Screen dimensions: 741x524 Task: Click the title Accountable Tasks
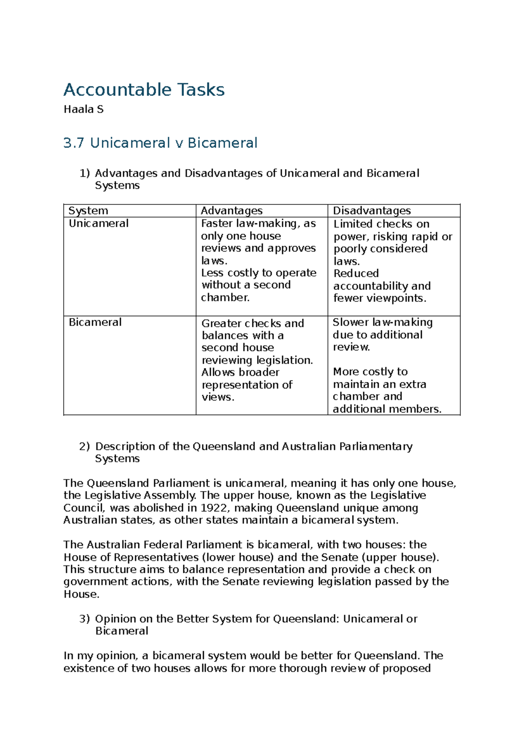[144, 90]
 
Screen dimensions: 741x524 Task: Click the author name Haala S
[83, 110]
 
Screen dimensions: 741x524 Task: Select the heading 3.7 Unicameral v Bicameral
[160, 143]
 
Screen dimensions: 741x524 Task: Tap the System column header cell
[88, 211]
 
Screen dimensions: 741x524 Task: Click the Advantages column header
[231, 211]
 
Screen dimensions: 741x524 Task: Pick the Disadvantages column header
[372, 211]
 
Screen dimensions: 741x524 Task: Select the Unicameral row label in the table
[99, 224]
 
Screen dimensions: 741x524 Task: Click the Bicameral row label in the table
[95, 322]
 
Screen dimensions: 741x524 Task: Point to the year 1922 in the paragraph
[214, 508]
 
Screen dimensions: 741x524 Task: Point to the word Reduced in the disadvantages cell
[356, 274]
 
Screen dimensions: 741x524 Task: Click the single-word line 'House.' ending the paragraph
[81, 594]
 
